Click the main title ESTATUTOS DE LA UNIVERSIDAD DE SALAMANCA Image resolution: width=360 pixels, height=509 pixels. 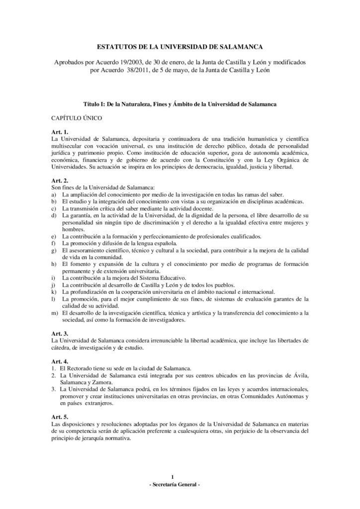(180, 47)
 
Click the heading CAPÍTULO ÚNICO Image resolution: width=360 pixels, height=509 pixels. (76, 119)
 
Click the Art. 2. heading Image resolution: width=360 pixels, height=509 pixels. (60, 179)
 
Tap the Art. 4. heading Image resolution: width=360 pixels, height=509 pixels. (60, 359)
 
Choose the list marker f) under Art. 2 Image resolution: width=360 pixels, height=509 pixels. (54, 243)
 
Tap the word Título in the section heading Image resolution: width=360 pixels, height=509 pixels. (92, 105)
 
